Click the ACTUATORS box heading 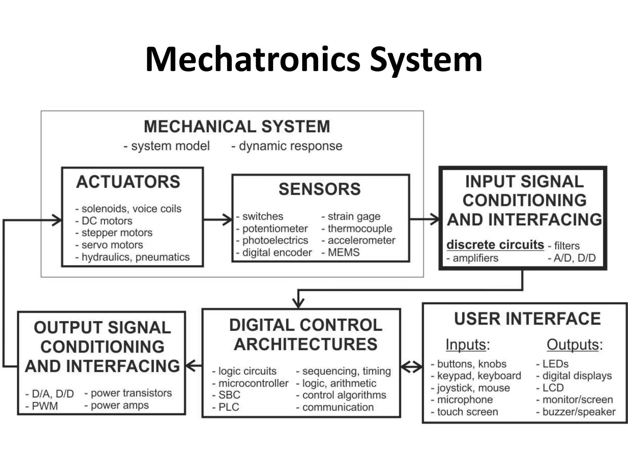click(x=128, y=182)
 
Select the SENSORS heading click(x=320, y=189)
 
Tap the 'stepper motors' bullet click(x=117, y=233)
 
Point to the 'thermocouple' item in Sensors click(x=360, y=228)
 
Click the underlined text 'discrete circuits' click(x=495, y=245)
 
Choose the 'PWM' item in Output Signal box click(x=45, y=406)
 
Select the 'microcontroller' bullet click(x=253, y=383)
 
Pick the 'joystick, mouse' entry click(x=473, y=388)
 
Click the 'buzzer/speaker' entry click(x=579, y=412)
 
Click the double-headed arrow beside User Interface click(x=412, y=366)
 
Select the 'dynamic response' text click(x=290, y=146)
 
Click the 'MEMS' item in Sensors click(x=343, y=252)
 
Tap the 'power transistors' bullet click(x=131, y=393)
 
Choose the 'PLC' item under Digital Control click(x=228, y=407)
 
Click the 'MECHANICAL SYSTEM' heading click(x=237, y=126)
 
